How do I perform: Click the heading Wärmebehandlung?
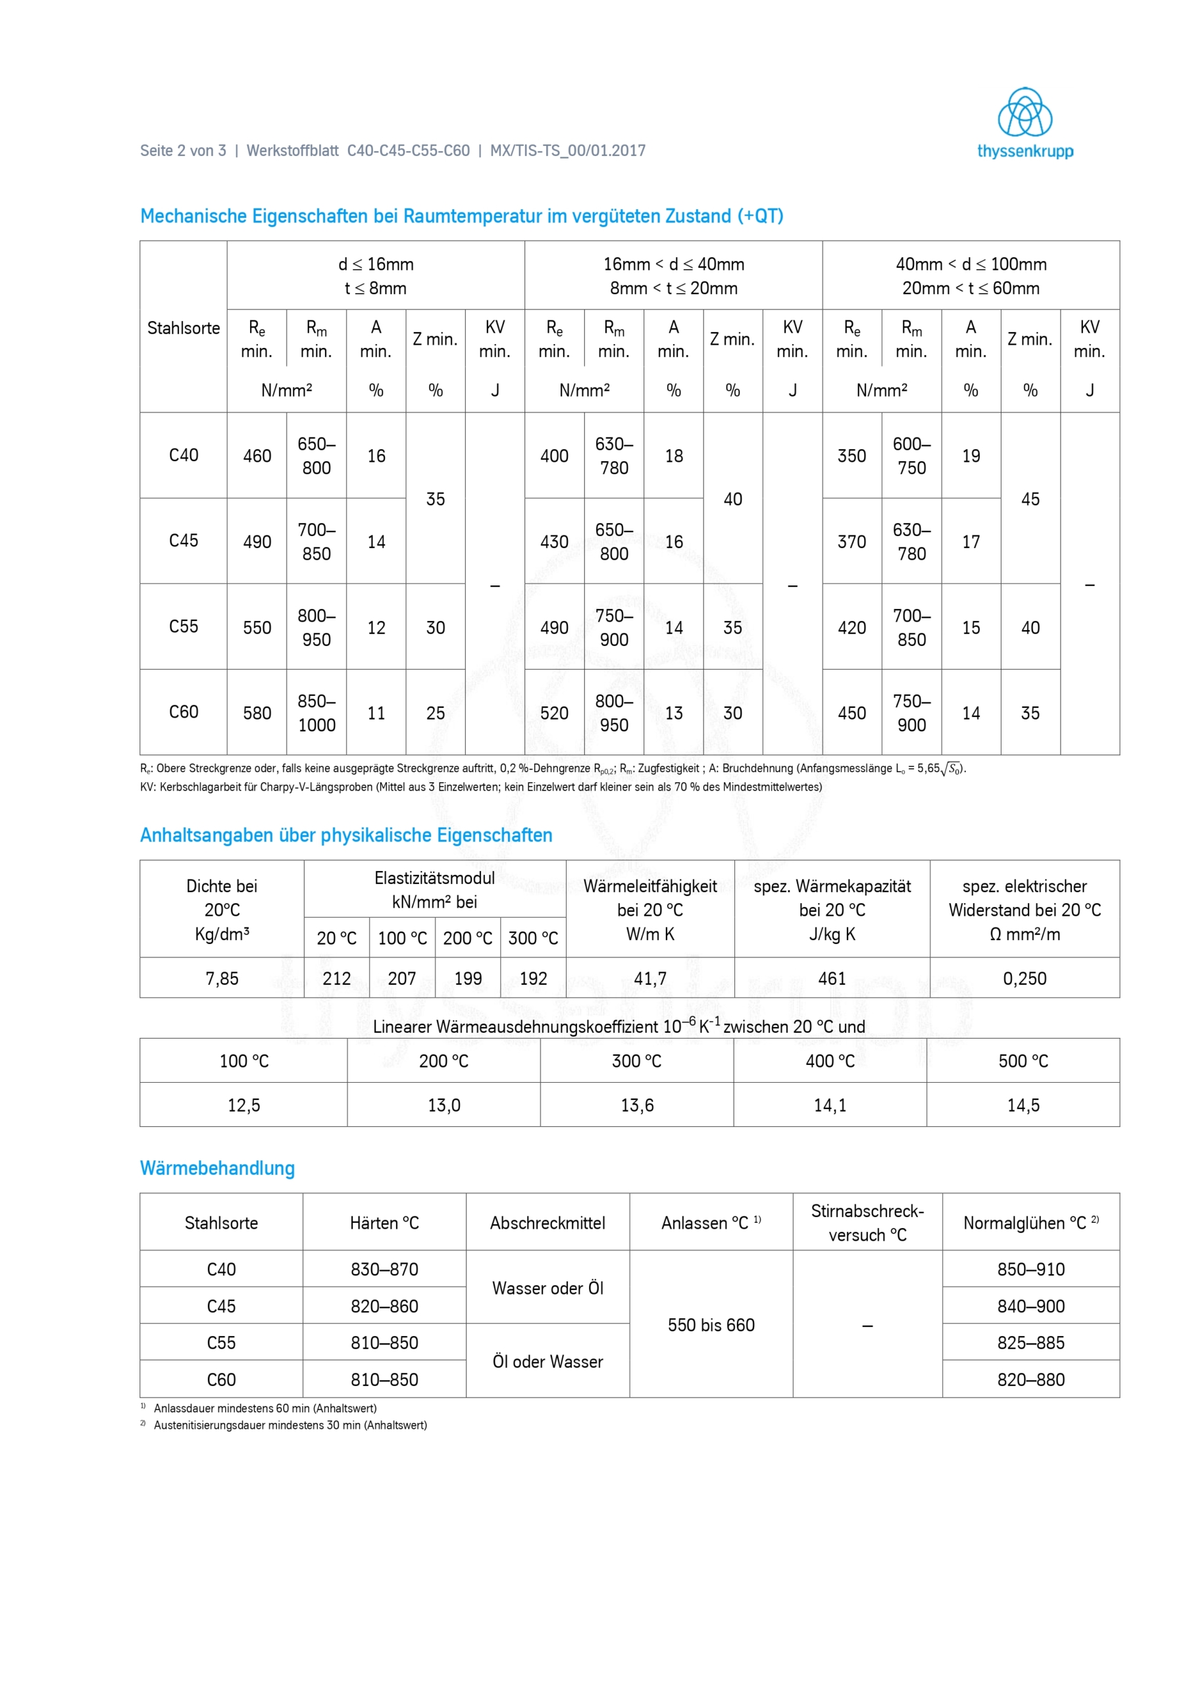[217, 1168]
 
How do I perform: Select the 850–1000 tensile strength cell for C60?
[317, 712]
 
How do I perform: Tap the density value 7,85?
[222, 978]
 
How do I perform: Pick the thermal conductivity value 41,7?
[650, 978]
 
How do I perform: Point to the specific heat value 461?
[832, 978]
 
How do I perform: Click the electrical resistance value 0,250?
[1025, 978]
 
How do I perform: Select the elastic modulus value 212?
[337, 978]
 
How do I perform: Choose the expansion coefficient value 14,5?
[1023, 1104]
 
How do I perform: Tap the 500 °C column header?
[1023, 1060]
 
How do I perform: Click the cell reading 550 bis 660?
[711, 1325]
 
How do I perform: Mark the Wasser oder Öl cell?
[547, 1288]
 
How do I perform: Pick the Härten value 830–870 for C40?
[384, 1269]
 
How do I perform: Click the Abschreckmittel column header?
[547, 1223]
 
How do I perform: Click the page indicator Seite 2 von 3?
[183, 151]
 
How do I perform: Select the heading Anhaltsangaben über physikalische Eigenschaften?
[345, 835]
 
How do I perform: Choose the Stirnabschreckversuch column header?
[867, 1223]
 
